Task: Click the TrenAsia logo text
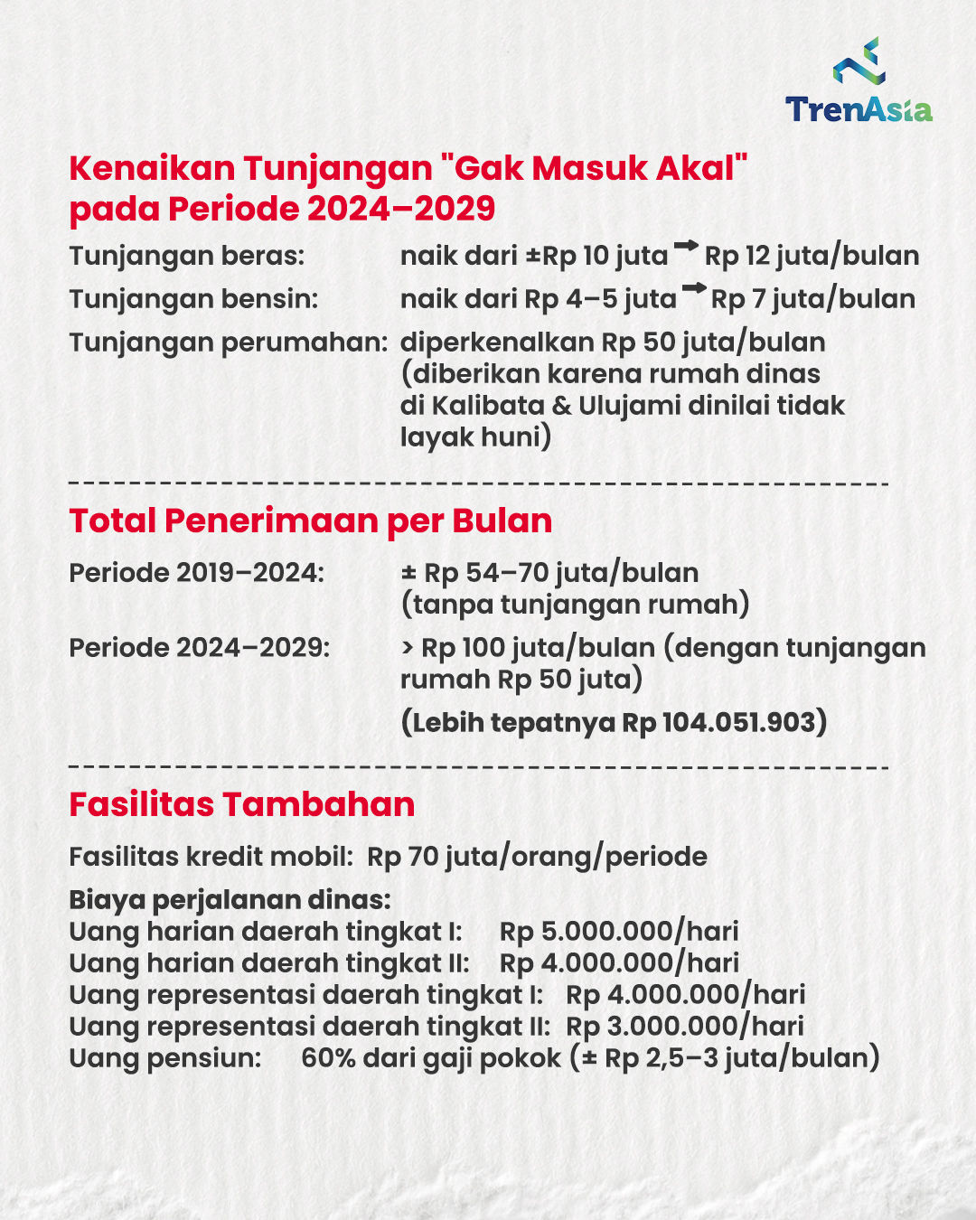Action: (x=858, y=109)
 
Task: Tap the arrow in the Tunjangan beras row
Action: (x=686, y=246)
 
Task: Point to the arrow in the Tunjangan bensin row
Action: (x=693, y=289)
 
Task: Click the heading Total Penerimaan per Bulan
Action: (x=310, y=521)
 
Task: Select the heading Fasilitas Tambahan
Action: (x=241, y=804)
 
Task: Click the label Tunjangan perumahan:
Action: (x=228, y=343)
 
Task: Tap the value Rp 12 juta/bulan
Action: (x=812, y=256)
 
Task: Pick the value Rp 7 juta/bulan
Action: (x=812, y=299)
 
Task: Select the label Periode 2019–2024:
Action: (x=196, y=573)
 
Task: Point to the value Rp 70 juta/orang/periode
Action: (x=537, y=857)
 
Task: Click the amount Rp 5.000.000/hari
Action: (x=619, y=932)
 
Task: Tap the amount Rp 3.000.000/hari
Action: (x=684, y=1027)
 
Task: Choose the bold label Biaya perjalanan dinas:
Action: (x=230, y=900)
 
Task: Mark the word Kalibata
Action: (x=488, y=406)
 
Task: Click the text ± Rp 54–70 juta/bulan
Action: (x=549, y=573)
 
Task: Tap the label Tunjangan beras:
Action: (x=186, y=256)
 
